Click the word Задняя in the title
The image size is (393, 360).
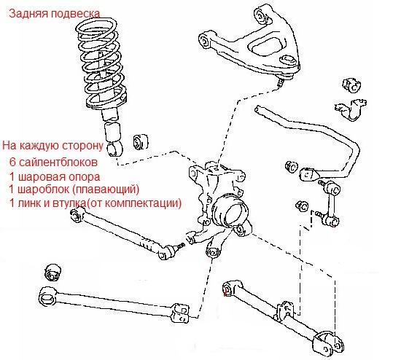[28, 13]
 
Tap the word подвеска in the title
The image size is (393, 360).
[75, 14]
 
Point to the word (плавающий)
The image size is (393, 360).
[106, 189]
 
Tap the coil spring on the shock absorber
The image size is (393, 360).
[101, 63]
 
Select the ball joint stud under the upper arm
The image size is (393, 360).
[281, 82]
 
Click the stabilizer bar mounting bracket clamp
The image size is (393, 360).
[351, 110]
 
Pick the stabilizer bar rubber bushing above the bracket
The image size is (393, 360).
[352, 85]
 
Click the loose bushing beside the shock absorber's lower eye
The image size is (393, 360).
[140, 142]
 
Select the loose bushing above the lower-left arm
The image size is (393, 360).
[53, 273]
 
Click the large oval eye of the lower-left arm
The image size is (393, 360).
[48, 297]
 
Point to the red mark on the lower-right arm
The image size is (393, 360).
[225, 291]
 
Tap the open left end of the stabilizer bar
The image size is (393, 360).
[257, 109]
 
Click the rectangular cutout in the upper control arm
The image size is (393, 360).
[267, 47]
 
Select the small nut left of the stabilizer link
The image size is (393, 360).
[302, 206]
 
